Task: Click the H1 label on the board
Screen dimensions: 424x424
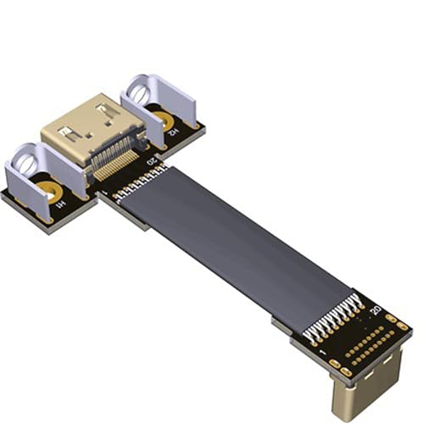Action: tap(59, 205)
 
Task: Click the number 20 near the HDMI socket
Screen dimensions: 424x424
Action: tap(152, 160)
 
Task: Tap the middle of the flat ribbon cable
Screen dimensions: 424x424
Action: tap(237, 246)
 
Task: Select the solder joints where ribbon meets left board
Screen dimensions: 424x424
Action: tap(140, 181)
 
